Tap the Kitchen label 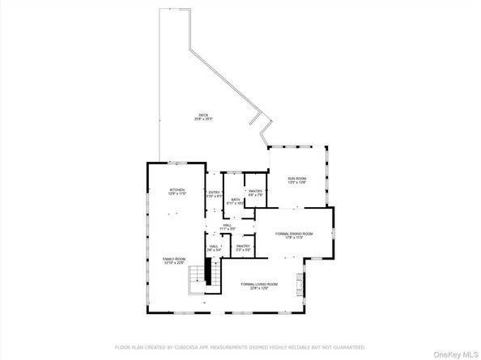(177, 191)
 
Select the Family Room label (174, 259)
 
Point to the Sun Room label (296, 178)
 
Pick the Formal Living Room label (259, 284)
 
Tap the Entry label (214, 192)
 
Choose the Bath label (236, 199)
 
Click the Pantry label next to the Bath (255, 191)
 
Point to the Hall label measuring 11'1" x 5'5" (239, 226)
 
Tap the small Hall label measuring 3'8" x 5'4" (214, 246)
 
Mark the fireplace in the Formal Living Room (302, 284)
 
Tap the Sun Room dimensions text (296, 183)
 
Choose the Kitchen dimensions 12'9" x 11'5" (177, 195)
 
